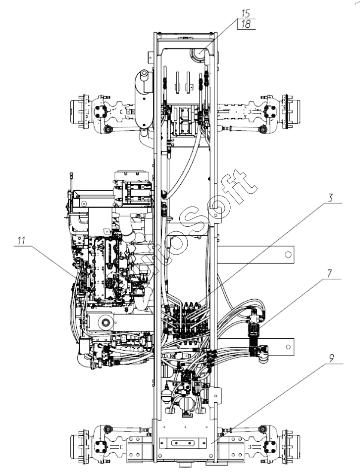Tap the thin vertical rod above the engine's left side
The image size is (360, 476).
coord(72,183)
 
